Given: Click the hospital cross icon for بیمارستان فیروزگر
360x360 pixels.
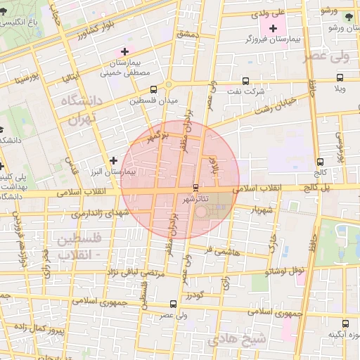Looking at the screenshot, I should [273, 28].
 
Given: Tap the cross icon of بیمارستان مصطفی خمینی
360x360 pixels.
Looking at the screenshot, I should [125, 51].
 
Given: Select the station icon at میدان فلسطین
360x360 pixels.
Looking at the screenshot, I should [154, 89].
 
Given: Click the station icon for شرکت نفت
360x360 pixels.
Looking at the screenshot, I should [245, 81].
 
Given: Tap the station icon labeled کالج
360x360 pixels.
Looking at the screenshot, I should [321, 162].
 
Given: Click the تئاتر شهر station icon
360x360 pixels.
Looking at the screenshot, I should [195, 188].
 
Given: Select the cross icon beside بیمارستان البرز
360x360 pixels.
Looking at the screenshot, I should [113, 161].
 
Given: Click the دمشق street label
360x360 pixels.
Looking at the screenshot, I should [189, 34].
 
